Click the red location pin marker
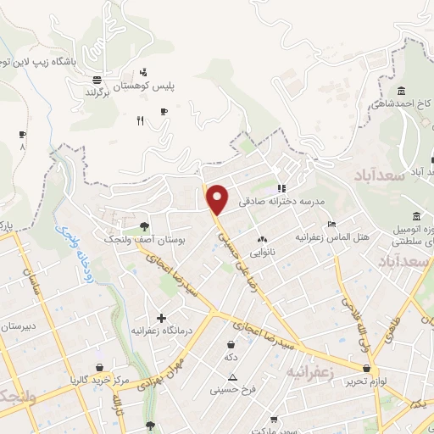[218, 199]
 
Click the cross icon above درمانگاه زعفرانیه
[162, 318]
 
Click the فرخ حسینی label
[232, 391]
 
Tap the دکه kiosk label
[231, 357]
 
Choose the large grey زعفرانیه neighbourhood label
[313, 372]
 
